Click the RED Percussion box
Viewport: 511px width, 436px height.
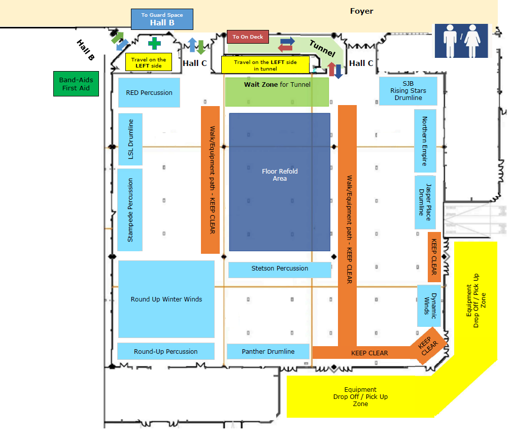click(149, 92)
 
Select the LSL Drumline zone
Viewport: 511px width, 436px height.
click(130, 139)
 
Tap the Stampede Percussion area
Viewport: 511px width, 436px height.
click(130, 210)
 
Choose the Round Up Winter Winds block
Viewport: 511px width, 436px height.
click(166, 299)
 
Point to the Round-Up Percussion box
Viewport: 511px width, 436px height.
click(165, 351)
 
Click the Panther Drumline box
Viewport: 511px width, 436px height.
click(268, 351)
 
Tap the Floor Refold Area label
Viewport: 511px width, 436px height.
click(280, 175)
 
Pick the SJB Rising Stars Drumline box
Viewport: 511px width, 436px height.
click(408, 91)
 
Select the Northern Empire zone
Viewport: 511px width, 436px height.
click(425, 141)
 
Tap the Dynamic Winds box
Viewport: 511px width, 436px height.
click(429, 306)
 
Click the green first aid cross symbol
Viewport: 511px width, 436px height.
click(154, 43)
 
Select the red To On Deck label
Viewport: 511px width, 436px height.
click(248, 37)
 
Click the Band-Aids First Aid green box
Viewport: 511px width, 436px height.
click(76, 84)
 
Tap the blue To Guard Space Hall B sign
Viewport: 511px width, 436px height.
click(162, 19)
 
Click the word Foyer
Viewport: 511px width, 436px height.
click(361, 11)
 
